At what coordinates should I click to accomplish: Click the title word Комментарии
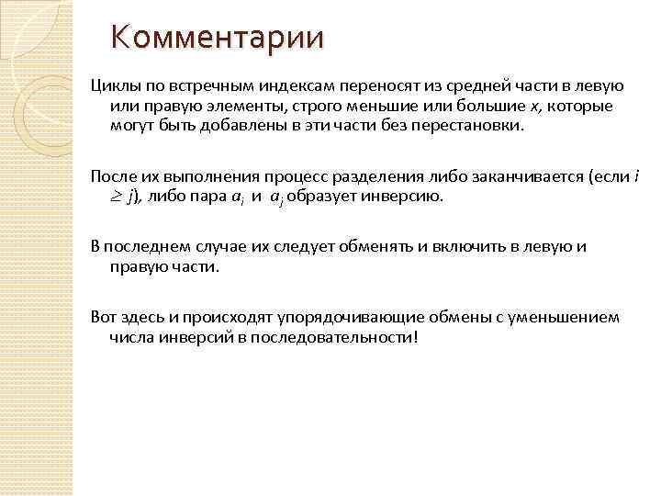217,38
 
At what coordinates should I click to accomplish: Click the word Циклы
111,86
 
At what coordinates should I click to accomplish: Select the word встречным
200,86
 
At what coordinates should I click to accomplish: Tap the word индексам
292,86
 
